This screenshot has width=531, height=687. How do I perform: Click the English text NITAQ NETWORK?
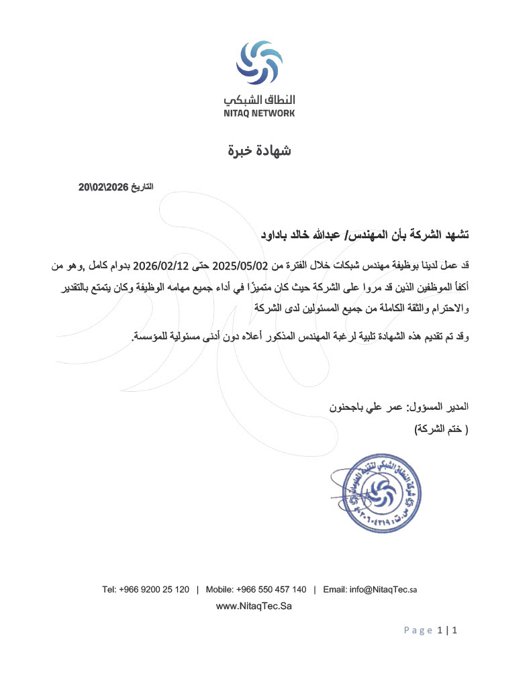tap(260, 113)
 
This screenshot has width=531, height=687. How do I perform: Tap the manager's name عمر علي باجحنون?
tap(362, 407)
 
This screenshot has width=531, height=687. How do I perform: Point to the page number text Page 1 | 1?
tap(430, 631)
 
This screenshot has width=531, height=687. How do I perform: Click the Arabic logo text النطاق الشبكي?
tap(260, 100)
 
